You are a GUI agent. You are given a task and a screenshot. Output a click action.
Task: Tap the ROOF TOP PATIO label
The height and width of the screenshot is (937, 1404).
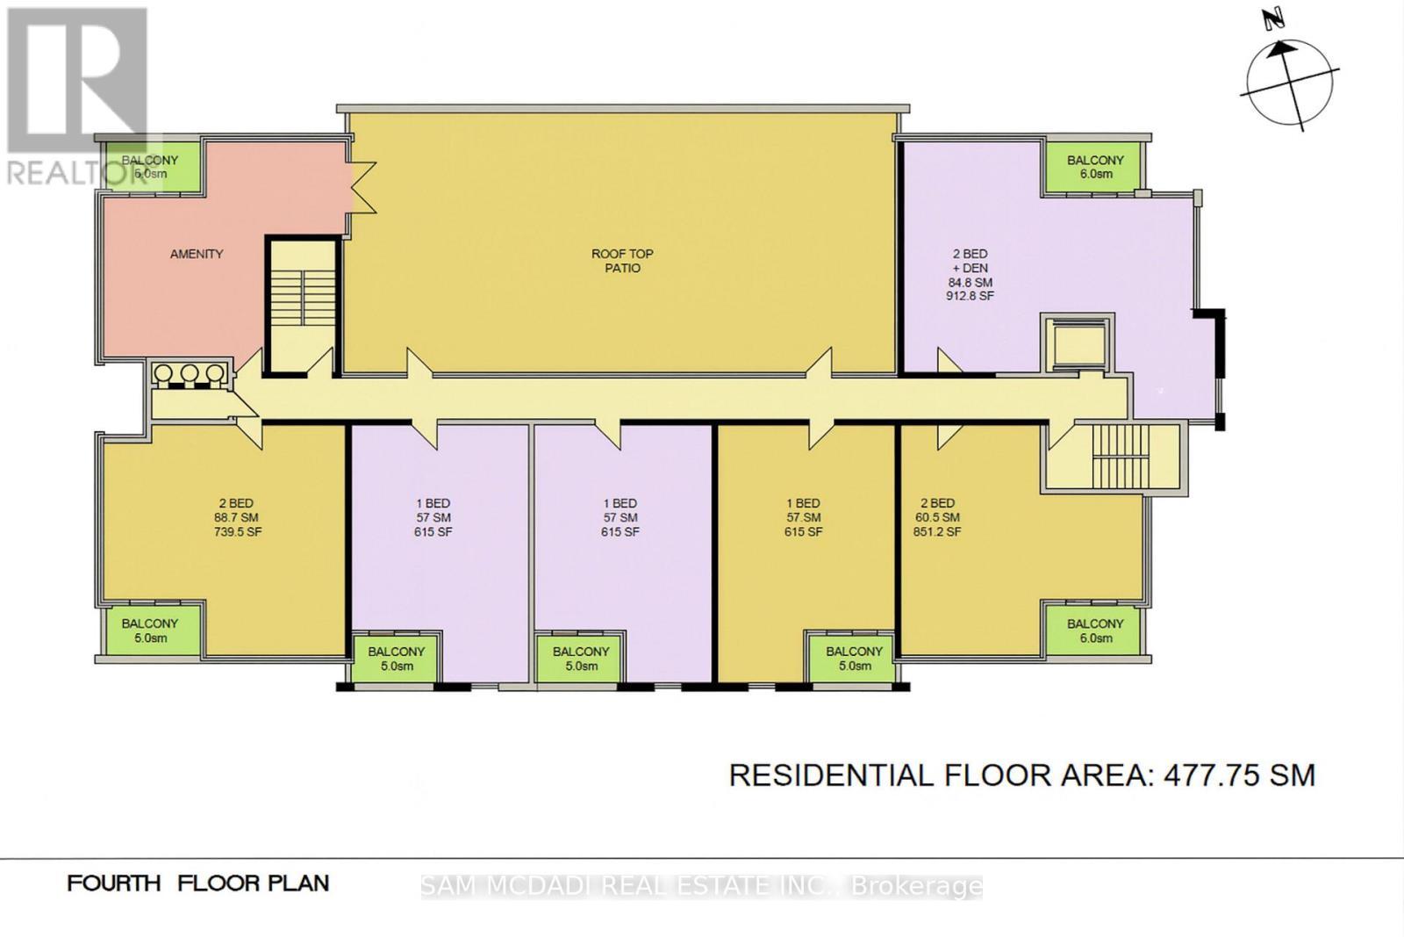click(622, 261)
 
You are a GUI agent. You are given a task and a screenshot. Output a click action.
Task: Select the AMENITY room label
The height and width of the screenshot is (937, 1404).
click(197, 254)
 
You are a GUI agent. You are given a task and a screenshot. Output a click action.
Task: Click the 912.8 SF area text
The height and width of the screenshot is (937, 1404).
click(970, 296)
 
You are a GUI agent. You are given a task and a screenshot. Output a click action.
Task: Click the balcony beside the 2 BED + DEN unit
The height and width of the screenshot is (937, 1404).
click(1095, 167)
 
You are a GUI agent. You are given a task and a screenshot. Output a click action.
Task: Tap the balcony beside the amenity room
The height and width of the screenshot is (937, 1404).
click(150, 167)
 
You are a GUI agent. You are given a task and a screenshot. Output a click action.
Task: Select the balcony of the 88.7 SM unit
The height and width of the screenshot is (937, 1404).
click(150, 630)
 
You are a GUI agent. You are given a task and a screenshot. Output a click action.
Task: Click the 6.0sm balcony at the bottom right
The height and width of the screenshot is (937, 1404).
click(1095, 630)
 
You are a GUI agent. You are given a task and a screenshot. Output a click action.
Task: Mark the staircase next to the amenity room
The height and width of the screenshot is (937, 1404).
click(302, 303)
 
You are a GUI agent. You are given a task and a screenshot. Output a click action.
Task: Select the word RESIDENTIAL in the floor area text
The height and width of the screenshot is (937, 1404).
click(830, 775)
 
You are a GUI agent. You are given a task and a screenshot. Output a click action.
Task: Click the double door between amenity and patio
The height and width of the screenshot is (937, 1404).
click(362, 187)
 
